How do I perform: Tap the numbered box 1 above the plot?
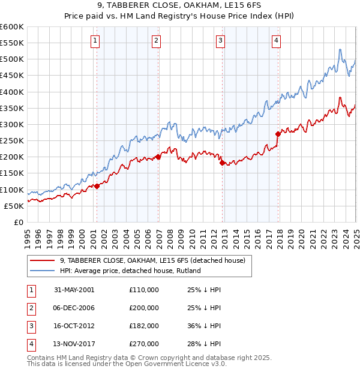tap(96, 41)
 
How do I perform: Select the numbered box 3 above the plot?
tap(221, 41)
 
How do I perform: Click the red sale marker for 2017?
tap(278, 134)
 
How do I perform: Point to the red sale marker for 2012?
tap(222, 163)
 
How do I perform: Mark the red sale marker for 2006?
tap(158, 157)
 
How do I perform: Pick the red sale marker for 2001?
tap(97, 186)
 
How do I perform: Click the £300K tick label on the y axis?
tap(12, 125)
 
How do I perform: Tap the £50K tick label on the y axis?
tap(14, 206)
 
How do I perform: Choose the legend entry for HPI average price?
tap(130, 271)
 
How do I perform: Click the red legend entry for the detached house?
tap(152, 260)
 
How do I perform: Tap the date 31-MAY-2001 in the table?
tap(74, 289)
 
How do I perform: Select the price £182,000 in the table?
tap(144, 326)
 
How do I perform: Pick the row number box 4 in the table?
tap(31, 344)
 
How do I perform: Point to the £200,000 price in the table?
tap(144, 308)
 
